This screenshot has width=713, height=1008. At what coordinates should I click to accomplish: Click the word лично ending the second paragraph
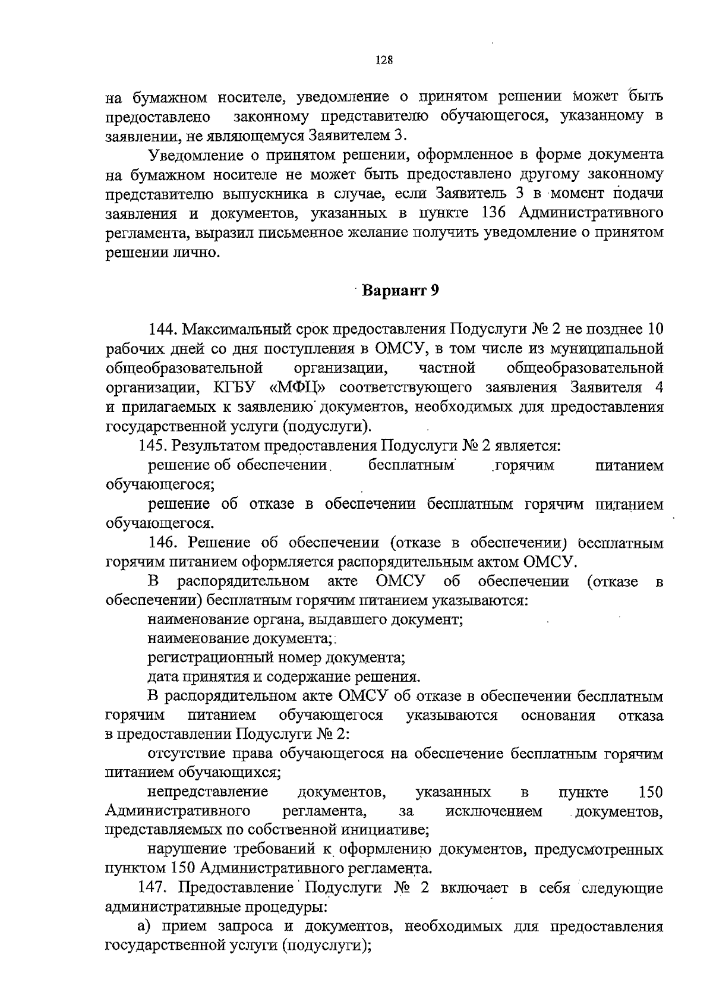(x=198, y=253)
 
